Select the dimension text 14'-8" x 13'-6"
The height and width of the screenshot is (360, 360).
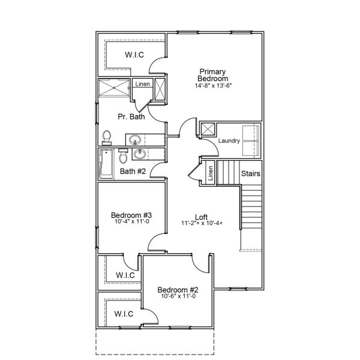214,86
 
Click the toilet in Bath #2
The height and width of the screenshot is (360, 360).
124,157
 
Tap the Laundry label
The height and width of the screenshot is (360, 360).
229,141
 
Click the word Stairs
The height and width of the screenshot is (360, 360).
250,173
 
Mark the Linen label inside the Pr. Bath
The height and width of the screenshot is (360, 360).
142,85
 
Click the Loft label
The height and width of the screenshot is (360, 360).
202,217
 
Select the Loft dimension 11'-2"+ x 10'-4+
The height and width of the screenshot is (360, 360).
202,224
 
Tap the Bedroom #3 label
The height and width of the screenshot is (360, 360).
131,215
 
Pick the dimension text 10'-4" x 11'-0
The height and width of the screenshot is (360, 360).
131,222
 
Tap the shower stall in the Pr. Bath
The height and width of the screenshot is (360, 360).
113,89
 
